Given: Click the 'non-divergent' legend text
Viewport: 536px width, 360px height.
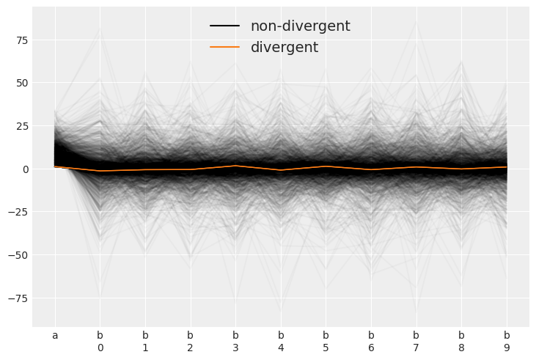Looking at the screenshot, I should [x=300, y=26].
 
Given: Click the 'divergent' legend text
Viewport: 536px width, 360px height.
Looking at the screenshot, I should [x=284, y=48].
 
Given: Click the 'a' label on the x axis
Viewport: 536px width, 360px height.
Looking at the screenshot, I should [x=54, y=336].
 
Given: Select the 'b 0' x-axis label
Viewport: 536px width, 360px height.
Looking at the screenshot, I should [x=100, y=342].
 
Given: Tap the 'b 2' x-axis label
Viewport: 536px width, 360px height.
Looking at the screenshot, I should [x=190, y=342].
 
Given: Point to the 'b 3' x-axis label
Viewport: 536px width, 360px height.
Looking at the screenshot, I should [x=235, y=342].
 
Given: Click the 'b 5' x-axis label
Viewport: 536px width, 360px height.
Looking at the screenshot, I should [x=326, y=342].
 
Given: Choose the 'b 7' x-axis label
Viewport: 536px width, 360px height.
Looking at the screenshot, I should [x=416, y=342].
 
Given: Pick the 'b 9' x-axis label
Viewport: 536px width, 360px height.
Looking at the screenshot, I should [x=507, y=342].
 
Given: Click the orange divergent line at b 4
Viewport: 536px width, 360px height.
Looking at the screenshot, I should [x=281, y=170].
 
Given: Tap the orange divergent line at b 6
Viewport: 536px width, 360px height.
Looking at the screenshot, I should [x=371, y=169].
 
